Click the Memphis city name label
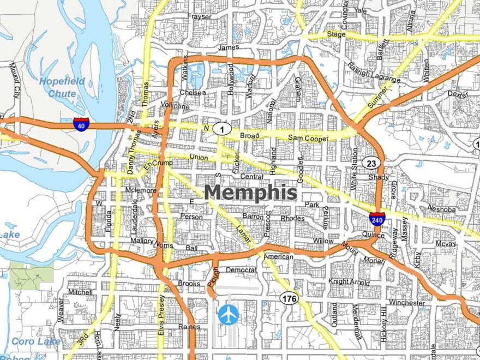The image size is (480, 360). coord(251,193)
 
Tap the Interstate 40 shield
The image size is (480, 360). coord(81,124)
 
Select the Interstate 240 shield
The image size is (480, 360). coord(376,219)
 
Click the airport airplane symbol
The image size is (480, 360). coord(228,314)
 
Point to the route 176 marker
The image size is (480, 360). coord(289,298)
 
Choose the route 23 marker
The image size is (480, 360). coord(371,163)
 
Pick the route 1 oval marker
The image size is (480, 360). coord(221,129)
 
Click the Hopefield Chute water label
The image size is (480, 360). coord(62,87)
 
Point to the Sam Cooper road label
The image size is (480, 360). coord(308,138)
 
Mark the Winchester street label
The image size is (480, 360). coord(406,303)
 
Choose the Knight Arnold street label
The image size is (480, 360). coord(349,281)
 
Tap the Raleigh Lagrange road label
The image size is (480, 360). coord(374,73)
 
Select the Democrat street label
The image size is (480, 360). coord(241,269)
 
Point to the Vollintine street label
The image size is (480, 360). coord(175,106)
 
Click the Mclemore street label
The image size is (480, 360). coord(141,190)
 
